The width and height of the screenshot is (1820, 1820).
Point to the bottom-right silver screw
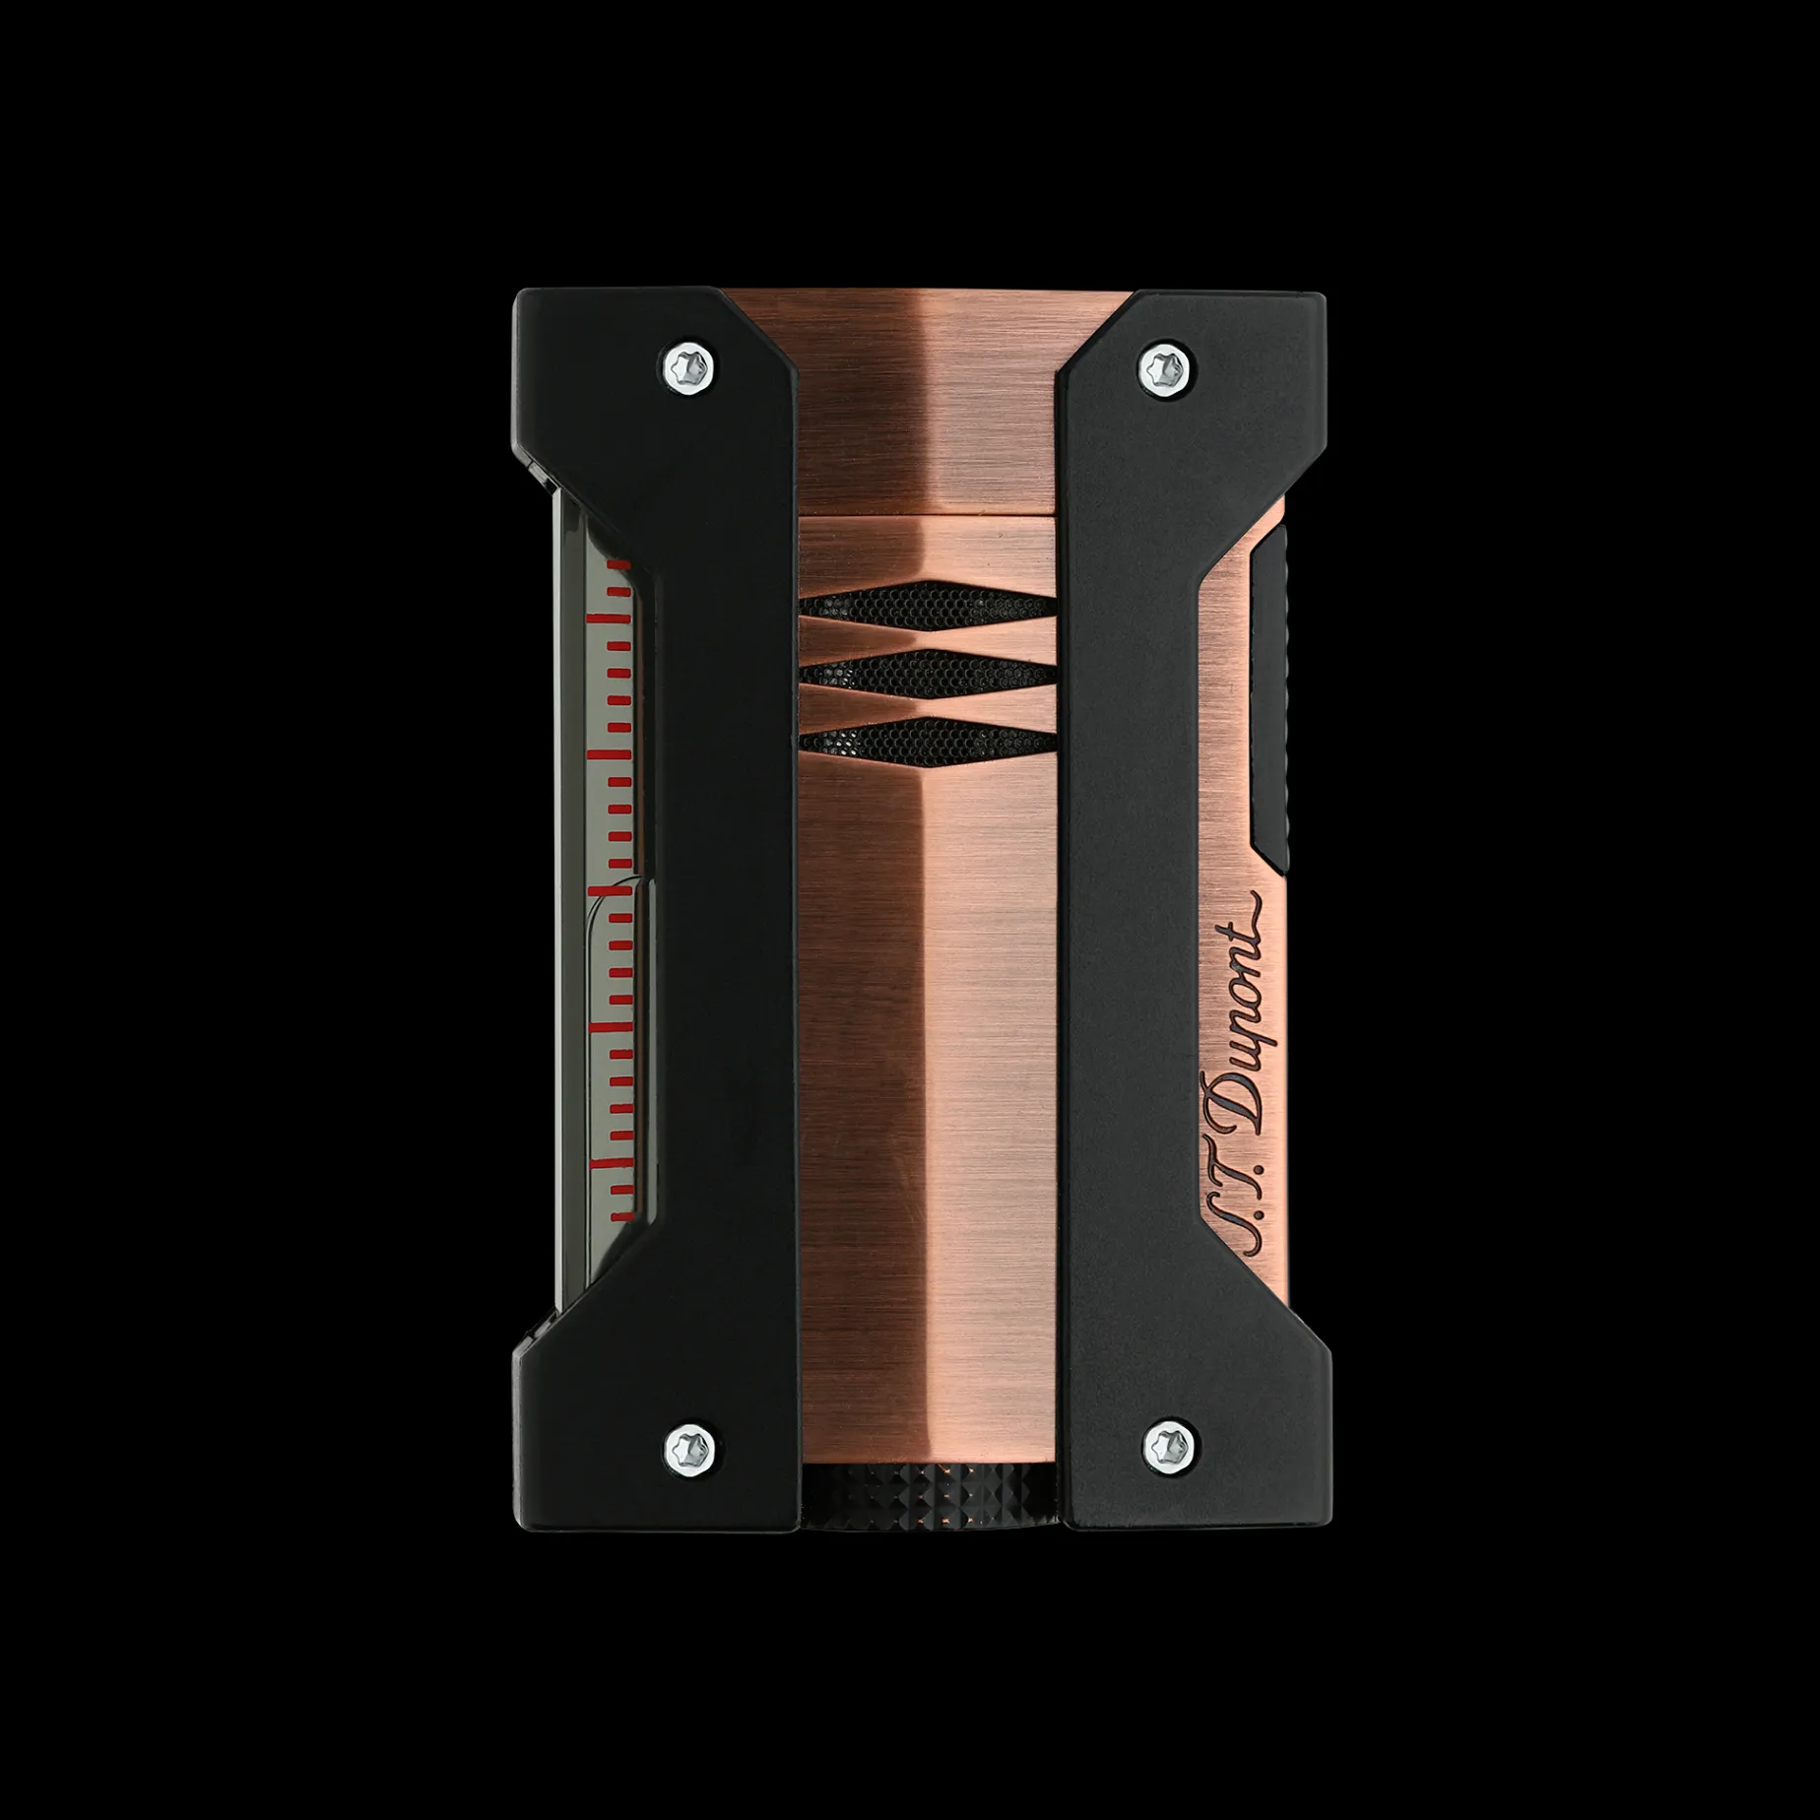click(1166, 1446)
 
